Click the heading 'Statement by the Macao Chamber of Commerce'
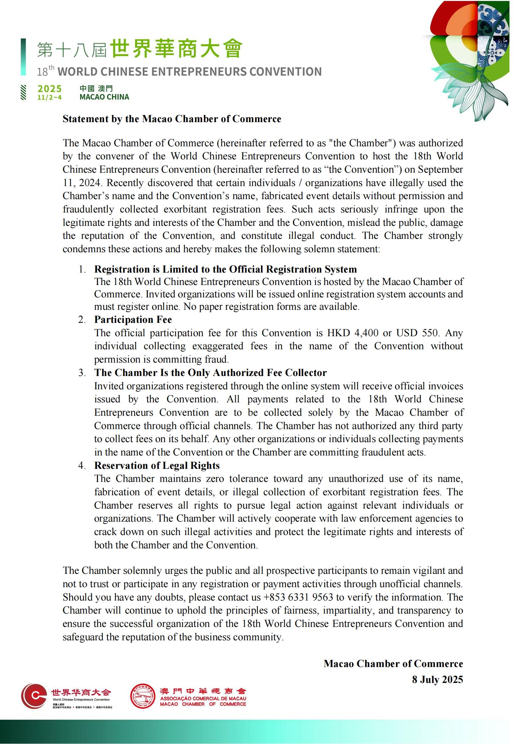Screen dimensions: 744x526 pos(172,119)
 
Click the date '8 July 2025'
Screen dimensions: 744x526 pos(437,679)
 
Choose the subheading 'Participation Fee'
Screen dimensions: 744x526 pos(133,319)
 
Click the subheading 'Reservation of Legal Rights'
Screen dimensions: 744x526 pos(157,465)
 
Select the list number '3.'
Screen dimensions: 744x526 pos(82,373)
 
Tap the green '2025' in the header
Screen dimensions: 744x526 pos(50,89)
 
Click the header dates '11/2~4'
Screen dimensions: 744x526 pos(49,98)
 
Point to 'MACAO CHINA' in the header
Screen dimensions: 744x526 pos(104,97)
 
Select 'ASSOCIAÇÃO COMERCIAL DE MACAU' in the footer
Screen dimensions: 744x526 pos(203,699)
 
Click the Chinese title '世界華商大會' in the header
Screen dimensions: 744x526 pos(176,49)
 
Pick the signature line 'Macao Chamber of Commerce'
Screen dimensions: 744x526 pos(393,664)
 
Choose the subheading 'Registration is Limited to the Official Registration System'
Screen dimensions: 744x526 pos(225,269)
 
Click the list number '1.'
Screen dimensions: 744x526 pos(82,269)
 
